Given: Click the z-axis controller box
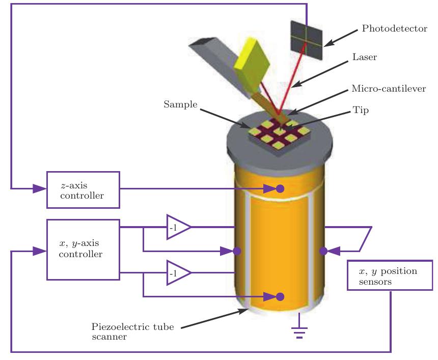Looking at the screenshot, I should pyautogui.click(x=83, y=189).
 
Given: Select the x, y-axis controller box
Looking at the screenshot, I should pyautogui.click(x=83, y=250).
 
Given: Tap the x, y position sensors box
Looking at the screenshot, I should pyautogui.click(x=390, y=275).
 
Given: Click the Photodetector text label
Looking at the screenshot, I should pyautogui.click(x=394, y=29).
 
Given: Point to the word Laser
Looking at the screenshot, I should pyautogui.click(x=364, y=58).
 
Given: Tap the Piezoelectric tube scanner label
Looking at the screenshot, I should pyautogui.click(x=132, y=331).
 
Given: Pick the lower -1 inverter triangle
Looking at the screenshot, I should pyautogui.click(x=177, y=273).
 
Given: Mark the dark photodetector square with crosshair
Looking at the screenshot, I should pyautogui.click(x=307, y=36).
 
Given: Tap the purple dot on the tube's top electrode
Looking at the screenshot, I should pyautogui.click(x=280, y=189).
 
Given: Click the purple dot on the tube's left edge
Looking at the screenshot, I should pyautogui.click(x=237, y=251).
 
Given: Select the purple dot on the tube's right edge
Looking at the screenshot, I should pyautogui.click(x=323, y=251).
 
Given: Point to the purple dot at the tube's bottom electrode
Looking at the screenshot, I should pyautogui.click(x=280, y=296).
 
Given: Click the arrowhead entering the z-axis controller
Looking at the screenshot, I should pyautogui.click(x=39, y=189).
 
